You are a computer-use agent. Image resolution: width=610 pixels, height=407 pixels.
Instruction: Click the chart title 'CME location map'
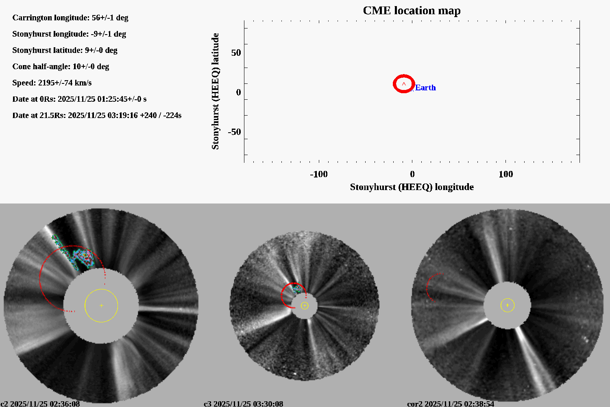412,11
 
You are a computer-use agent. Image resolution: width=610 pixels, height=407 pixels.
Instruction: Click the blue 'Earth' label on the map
425,88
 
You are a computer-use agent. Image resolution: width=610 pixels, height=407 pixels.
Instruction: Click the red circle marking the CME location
404,77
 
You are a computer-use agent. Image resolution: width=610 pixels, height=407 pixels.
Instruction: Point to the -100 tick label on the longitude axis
318,174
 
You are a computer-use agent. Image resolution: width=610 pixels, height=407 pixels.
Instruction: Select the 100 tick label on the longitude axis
505,174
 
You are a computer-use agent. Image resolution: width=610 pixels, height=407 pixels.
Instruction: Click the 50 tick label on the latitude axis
236,53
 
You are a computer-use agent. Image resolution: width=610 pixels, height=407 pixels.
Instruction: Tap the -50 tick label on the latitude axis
234,132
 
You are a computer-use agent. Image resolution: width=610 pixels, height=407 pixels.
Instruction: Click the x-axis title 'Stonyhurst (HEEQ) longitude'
412,187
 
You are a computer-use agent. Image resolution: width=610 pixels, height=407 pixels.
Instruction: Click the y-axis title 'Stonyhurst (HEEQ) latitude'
215,91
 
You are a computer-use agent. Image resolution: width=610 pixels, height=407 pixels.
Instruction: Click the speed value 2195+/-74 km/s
65,83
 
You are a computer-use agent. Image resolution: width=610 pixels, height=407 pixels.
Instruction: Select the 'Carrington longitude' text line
70,18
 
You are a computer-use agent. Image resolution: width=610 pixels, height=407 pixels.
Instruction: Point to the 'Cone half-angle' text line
61,66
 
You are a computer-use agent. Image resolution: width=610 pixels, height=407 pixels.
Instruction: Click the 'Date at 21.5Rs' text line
97,115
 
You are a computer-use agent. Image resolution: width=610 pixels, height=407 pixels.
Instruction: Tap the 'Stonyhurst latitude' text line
65,50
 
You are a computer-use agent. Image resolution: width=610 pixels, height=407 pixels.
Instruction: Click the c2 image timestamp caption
40,404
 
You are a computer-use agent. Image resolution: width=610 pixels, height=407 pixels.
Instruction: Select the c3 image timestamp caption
243,404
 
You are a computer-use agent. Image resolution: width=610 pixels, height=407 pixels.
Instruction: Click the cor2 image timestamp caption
451,404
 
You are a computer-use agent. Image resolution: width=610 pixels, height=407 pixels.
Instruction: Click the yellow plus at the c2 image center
101,305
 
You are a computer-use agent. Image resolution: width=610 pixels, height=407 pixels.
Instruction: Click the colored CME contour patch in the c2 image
83,256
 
